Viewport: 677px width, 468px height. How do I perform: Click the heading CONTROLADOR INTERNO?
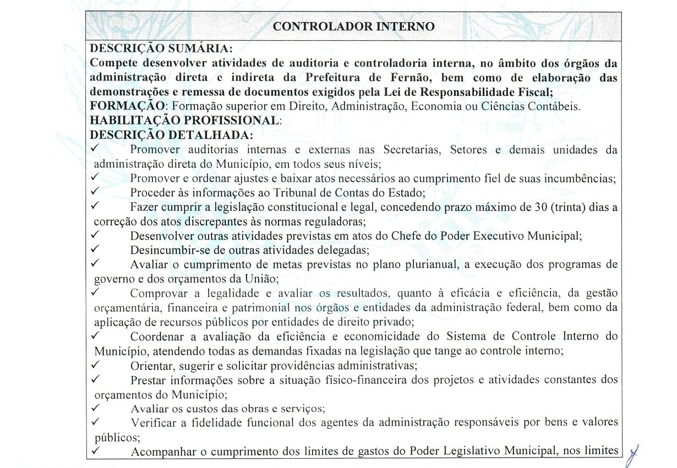click(x=354, y=26)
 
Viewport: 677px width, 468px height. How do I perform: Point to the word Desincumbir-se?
click(x=165, y=250)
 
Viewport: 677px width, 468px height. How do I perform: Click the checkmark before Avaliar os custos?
click(x=95, y=408)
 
